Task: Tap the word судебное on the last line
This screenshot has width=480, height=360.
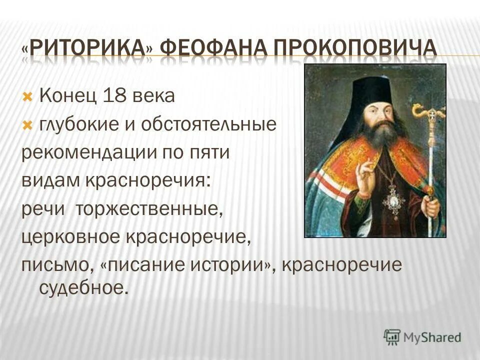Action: [80, 288]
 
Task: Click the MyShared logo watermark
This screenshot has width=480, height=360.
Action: [422, 337]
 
